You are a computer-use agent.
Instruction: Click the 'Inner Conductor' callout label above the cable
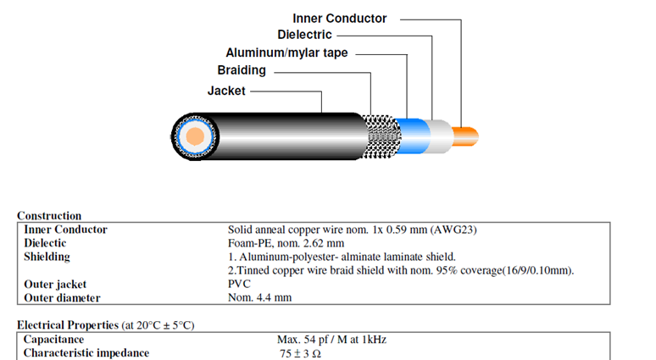pyautogui.click(x=339, y=18)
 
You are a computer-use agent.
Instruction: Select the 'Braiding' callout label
pyautogui.click(x=242, y=70)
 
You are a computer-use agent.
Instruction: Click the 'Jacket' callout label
pyautogui.click(x=226, y=90)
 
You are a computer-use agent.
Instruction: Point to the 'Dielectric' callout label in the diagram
pyautogui.click(x=304, y=35)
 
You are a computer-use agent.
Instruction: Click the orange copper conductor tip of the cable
pyautogui.click(x=467, y=134)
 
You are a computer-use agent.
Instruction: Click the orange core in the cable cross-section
pyautogui.click(x=194, y=136)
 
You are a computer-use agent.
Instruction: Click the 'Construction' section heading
pyautogui.click(x=49, y=216)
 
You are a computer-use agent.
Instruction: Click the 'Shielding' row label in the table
pyautogui.click(x=47, y=257)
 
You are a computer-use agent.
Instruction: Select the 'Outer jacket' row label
pyautogui.click(x=56, y=284)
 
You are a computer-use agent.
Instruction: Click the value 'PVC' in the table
pyautogui.click(x=240, y=284)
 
